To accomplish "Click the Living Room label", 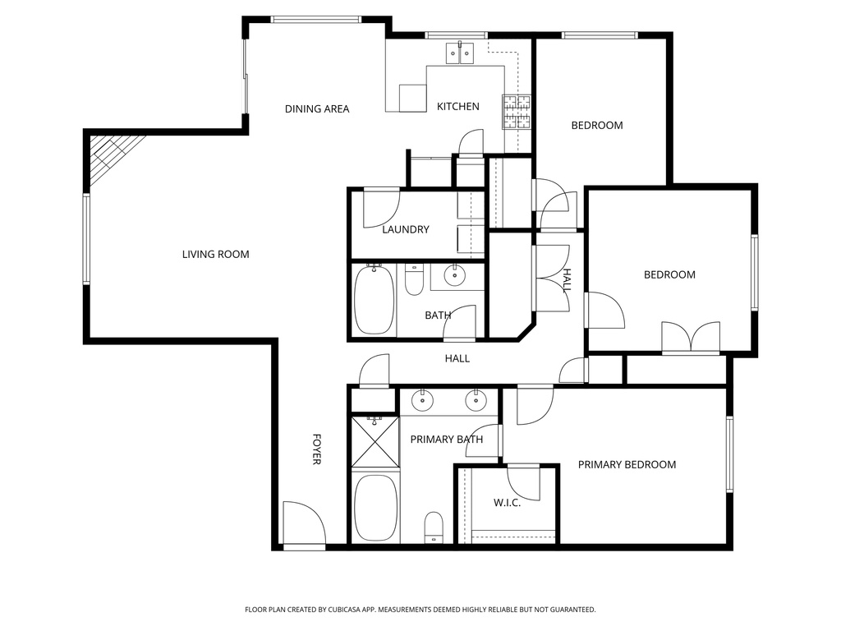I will pyautogui.click(x=215, y=254).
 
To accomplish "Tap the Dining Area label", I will pyautogui.click(x=317, y=108).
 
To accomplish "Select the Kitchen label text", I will pyautogui.click(x=457, y=106).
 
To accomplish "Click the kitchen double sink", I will pyautogui.click(x=461, y=54).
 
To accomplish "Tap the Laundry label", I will pyautogui.click(x=405, y=229).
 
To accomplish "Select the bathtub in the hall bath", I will pyautogui.click(x=374, y=300).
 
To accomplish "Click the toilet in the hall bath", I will pyautogui.click(x=414, y=279).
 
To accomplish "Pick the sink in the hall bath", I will pyautogui.click(x=454, y=274).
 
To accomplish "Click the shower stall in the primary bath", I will pyautogui.click(x=375, y=442).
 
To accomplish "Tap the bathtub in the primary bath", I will pyautogui.click(x=374, y=508).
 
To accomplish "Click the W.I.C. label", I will pyautogui.click(x=507, y=502).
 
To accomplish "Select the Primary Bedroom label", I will pyautogui.click(x=627, y=464).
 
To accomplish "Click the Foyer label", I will pyautogui.click(x=316, y=449).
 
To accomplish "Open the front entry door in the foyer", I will pyautogui.click(x=303, y=526).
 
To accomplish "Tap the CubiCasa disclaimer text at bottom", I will pyautogui.click(x=420, y=610).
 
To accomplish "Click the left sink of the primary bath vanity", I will pyautogui.click(x=422, y=400).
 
